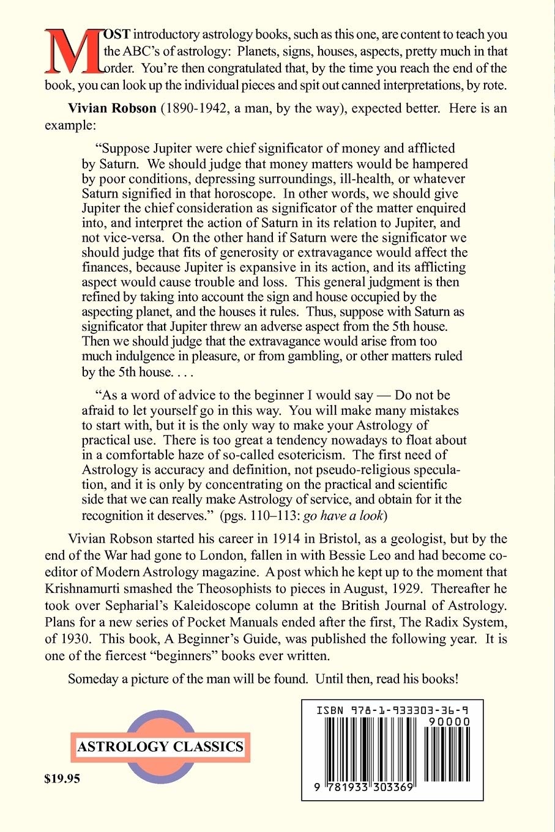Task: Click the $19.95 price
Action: click(x=62, y=779)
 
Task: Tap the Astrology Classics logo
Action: click(x=161, y=746)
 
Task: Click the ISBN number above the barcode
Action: click(x=392, y=710)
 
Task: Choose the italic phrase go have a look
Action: click(x=343, y=514)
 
